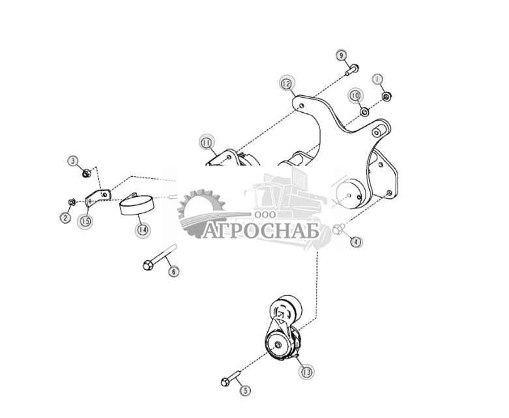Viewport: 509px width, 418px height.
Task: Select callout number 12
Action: tap(286, 83)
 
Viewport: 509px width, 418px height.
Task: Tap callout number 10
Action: tap(355, 95)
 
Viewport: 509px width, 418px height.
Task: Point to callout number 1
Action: tap(377, 80)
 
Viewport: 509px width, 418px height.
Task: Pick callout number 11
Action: tap(207, 142)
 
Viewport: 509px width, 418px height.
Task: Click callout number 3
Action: tap(73, 160)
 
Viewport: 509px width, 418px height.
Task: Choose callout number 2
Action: tap(65, 218)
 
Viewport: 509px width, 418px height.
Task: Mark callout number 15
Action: tap(85, 221)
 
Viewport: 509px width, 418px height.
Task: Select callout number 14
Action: tap(142, 230)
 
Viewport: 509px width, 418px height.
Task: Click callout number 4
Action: tap(356, 242)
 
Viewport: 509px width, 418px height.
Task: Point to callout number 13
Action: tap(306, 372)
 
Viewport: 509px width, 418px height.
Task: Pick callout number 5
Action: tap(245, 391)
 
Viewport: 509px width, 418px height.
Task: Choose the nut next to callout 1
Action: tap(386, 97)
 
